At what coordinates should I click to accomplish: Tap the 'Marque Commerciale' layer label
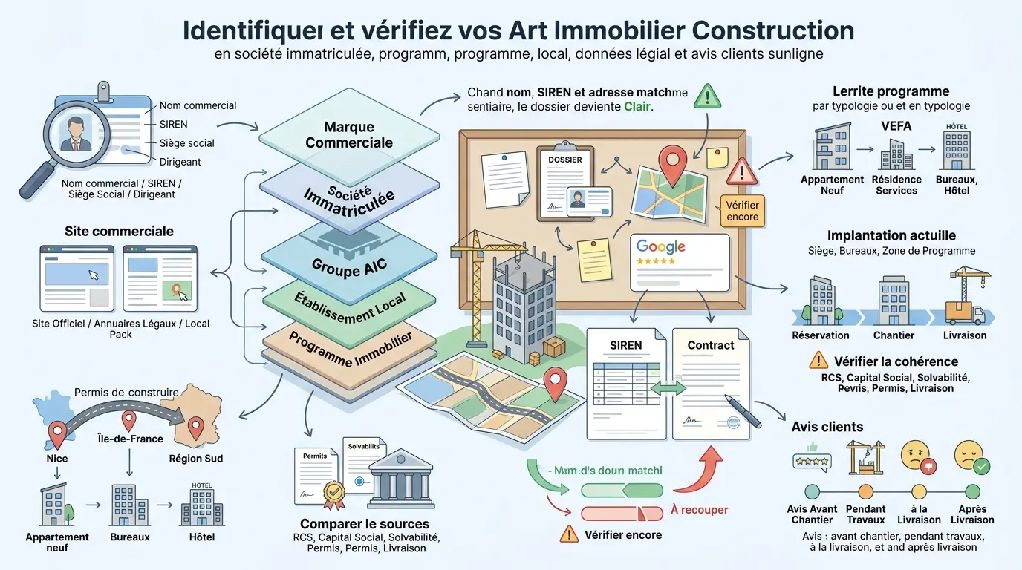tap(348, 135)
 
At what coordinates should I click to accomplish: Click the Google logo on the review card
tap(660, 247)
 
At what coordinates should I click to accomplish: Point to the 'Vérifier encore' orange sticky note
tap(743, 211)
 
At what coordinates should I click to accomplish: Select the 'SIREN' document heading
tap(625, 345)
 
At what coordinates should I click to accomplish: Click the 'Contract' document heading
tap(710, 345)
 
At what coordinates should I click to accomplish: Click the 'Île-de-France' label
tap(131, 439)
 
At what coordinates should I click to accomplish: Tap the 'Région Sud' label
tap(195, 458)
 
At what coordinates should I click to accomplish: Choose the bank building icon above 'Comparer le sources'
tap(401, 478)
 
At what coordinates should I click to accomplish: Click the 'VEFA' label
tap(896, 126)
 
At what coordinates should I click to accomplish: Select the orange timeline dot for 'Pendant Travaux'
tap(865, 491)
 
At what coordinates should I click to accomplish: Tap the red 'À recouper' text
tap(699, 510)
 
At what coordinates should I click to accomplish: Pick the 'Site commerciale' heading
tap(119, 231)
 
